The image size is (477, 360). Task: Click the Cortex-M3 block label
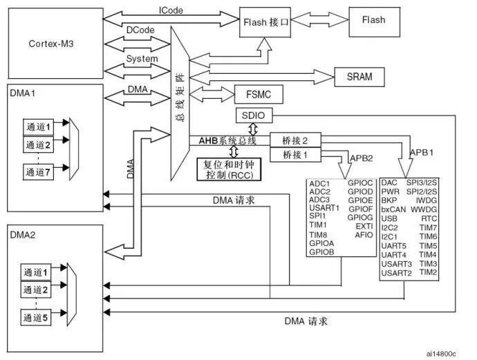point(50,43)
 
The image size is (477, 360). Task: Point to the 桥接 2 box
point(295,140)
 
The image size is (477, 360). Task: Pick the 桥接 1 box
point(295,155)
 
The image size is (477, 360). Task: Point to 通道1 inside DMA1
point(39,124)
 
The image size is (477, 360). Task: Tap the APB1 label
point(422,152)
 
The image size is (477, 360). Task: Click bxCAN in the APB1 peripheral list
point(393,209)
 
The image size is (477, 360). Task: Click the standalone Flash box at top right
point(374,21)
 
